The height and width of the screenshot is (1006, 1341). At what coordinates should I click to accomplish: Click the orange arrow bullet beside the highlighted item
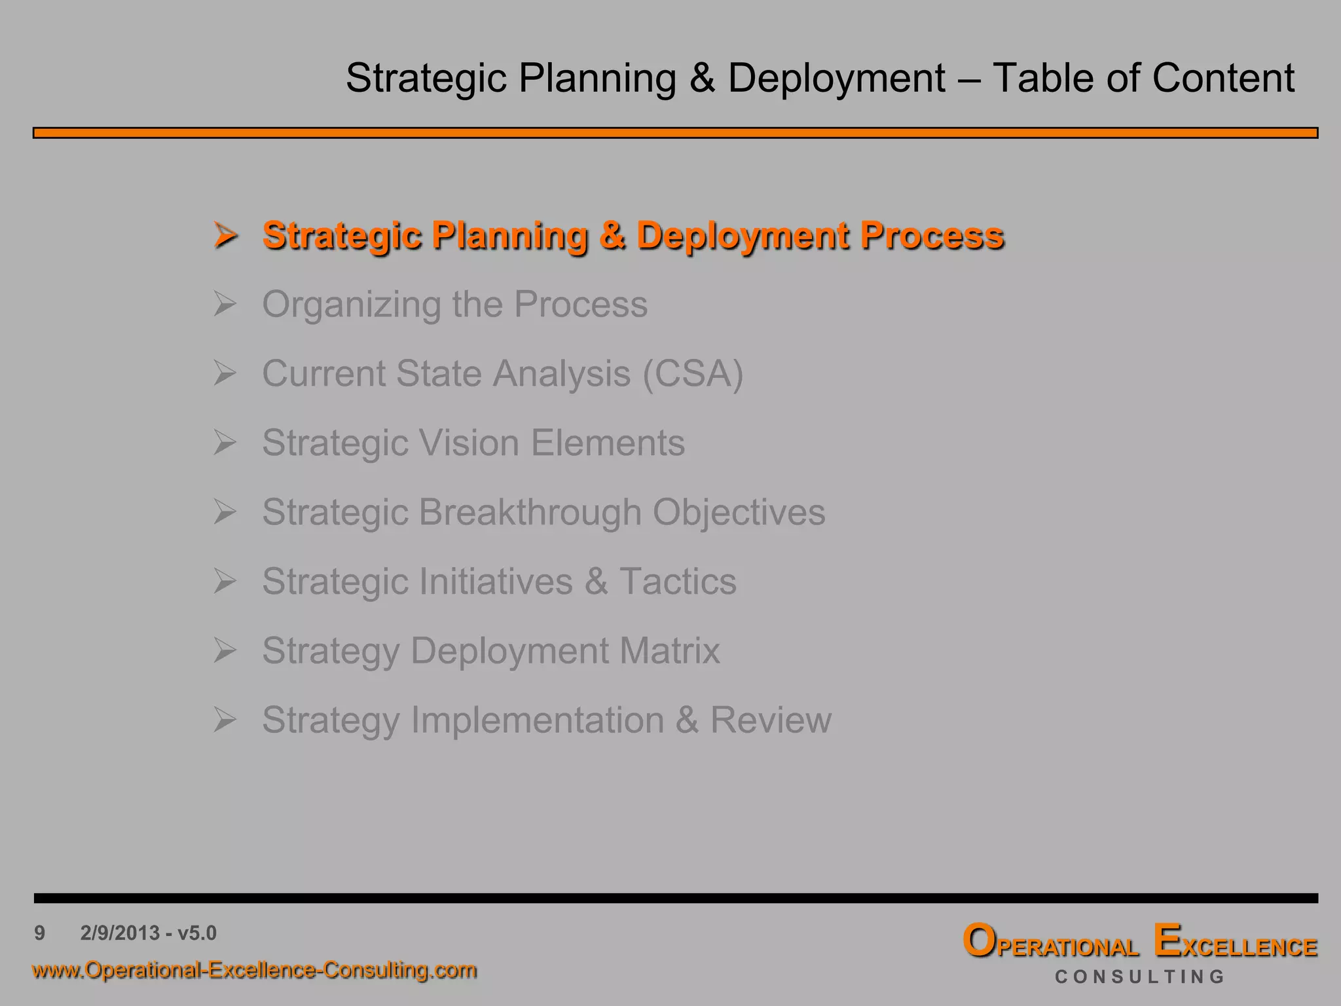click(x=225, y=235)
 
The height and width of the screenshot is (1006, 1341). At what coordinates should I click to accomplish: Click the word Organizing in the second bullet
click(x=351, y=305)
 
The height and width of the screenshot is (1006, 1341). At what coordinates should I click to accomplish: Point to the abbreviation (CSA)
click(x=693, y=374)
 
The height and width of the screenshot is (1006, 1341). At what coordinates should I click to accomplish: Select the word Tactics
click(x=678, y=582)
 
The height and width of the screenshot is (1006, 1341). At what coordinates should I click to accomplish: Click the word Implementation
click(x=537, y=720)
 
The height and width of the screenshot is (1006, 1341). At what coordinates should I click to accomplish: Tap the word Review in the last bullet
click(x=771, y=720)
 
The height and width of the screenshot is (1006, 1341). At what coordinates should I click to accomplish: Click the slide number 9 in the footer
click(x=40, y=933)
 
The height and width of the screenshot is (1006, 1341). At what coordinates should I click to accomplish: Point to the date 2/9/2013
click(x=120, y=933)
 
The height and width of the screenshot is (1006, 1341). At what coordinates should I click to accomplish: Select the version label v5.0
click(x=196, y=933)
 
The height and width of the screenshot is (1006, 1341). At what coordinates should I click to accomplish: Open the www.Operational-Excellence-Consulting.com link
click(x=254, y=969)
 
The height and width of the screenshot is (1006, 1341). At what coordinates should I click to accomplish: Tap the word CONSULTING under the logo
click(x=1140, y=977)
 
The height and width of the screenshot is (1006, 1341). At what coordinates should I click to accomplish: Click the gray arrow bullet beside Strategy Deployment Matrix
click(x=225, y=650)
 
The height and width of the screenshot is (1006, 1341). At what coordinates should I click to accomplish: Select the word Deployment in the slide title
click(x=836, y=78)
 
